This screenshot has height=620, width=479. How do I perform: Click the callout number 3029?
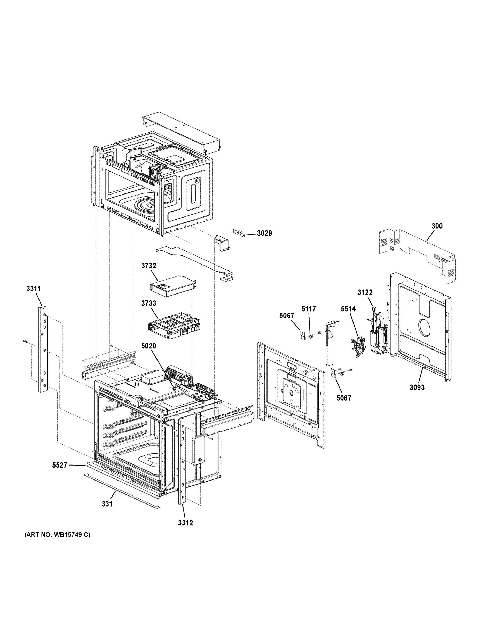[264, 233]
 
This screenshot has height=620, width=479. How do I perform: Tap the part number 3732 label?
[149, 266]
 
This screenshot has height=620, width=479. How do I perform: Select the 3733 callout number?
[149, 303]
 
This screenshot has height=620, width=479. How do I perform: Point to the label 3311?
[34, 289]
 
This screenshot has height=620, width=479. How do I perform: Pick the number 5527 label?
[60, 465]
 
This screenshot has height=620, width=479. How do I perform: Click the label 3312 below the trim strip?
[186, 523]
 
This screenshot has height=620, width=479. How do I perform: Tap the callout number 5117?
[309, 309]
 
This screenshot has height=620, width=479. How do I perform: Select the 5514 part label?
[348, 309]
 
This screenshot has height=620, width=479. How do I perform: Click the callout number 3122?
[365, 292]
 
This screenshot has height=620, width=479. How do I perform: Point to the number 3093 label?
[417, 387]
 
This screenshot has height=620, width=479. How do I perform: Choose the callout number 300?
[437, 226]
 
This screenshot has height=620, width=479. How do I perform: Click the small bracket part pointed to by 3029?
[239, 233]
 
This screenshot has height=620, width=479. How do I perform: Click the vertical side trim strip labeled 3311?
[43, 349]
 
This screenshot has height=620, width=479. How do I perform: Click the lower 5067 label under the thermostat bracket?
[344, 398]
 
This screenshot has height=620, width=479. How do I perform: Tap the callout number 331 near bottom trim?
[107, 504]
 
